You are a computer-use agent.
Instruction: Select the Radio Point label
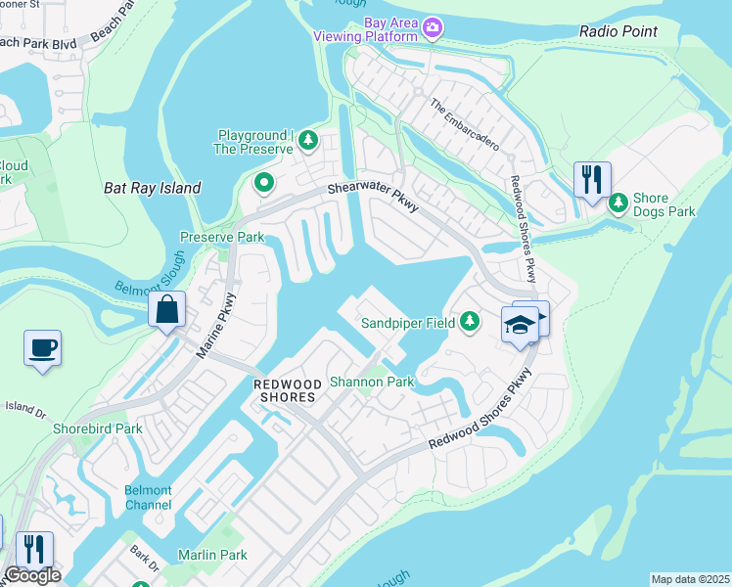click(x=618, y=31)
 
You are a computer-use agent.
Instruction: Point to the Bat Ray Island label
click(x=153, y=188)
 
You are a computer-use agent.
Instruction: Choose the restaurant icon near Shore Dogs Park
click(x=592, y=180)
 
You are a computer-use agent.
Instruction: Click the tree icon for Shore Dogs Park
click(x=618, y=203)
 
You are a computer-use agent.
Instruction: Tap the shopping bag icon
click(x=167, y=309)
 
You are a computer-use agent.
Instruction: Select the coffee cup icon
click(x=43, y=347)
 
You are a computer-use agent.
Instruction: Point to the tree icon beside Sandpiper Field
click(x=470, y=321)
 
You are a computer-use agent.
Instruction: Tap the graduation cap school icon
click(x=520, y=325)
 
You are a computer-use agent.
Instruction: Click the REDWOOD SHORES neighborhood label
click(x=285, y=391)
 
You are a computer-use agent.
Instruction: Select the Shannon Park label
click(x=372, y=382)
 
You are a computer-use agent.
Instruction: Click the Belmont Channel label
click(x=148, y=498)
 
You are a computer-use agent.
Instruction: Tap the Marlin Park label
click(x=212, y=555)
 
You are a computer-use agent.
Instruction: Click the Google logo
click(x=32, y=575)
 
